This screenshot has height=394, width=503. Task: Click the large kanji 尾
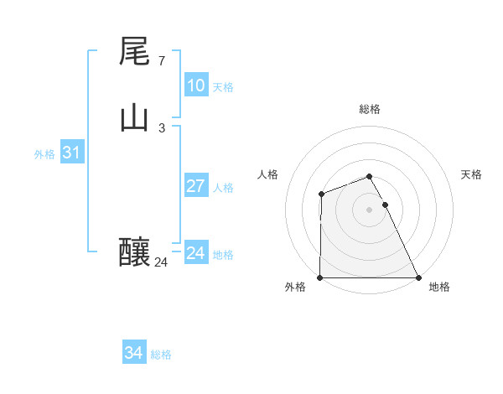[134, 51]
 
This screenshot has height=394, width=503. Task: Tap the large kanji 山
[134, 118]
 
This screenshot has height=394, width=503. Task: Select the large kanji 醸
[134, 252]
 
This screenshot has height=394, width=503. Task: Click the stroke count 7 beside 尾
[161, 61]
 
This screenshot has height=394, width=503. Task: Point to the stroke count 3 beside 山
[161, 128]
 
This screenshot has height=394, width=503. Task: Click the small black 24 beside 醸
[161, 262]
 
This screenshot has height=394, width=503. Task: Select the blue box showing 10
[195, 86]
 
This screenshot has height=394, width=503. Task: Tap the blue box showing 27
[195, 186]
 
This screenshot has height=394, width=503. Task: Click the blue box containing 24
[195, 253]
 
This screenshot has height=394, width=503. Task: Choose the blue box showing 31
[71, 153]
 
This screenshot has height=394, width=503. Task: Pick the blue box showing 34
[133, 353]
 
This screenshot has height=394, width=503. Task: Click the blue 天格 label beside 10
[223, 87]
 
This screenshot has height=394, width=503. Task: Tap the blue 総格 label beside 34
[161, 355]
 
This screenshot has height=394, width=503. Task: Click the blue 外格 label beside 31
[44, 154]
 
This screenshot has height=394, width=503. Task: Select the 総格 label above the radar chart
[369, 109]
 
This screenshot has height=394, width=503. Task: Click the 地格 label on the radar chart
[439, 287]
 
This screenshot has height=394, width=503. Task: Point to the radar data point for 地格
[418, 277]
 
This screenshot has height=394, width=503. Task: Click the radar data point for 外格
[320, 277]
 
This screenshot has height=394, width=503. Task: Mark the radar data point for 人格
[321, 194]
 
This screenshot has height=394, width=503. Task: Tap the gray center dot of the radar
[369, 210]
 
